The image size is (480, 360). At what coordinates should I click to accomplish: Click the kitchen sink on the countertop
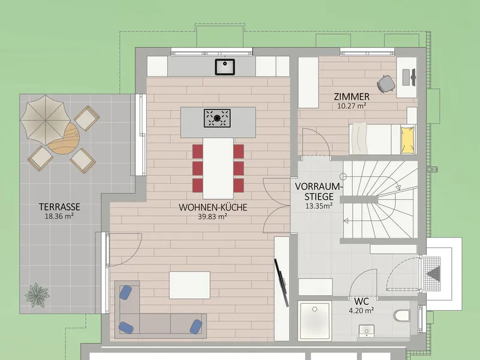pos(224,67)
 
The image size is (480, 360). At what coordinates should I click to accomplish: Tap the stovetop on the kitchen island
pos(217,118)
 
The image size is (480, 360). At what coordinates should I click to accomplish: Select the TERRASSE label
pos(59,207)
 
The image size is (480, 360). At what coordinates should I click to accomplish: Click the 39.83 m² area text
pos(212,217)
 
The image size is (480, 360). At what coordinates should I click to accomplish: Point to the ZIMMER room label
pos(352,97)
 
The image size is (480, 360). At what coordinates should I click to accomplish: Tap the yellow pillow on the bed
pos(408,140)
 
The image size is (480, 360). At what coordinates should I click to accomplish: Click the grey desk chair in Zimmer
pos(386,83)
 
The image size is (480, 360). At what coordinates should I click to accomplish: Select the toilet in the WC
pos(402,316)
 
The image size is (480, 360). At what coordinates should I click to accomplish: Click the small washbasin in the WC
pos(366,331)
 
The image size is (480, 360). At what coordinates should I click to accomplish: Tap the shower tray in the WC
pos(315,321)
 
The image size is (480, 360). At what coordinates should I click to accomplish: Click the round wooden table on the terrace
pos(64,139)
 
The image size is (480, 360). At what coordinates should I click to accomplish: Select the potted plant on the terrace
pos(37,295)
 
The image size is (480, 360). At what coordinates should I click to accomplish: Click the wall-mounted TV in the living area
pos(281,283)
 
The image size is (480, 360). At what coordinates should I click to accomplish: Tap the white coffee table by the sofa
pos(190,285)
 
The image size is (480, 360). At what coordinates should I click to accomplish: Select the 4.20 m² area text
pos(361,310)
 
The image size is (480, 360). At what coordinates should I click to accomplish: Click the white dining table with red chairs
pos(218,169)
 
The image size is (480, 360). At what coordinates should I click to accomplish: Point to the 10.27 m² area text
pos(352,106)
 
